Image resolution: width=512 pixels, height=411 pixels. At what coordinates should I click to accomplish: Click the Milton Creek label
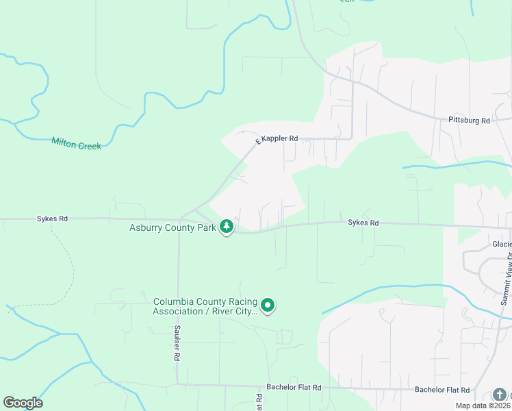[76, 143]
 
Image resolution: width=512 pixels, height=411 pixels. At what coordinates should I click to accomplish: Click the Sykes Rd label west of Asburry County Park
[52, 219]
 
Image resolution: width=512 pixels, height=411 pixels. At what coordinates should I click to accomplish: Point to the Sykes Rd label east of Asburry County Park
[363, 223]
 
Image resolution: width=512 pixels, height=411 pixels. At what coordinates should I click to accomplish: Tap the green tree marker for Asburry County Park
[227, 227]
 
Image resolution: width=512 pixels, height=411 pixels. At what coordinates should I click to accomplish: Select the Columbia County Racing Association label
[205, 306]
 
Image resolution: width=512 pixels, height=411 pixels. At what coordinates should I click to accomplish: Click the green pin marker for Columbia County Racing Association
[268, 306]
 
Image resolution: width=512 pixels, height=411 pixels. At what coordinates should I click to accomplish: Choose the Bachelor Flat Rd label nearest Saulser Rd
[294, 388]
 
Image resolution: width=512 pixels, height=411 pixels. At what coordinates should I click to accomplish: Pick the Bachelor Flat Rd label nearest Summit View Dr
[442, 390]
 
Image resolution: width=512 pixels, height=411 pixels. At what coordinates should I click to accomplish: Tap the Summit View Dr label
[506, 277]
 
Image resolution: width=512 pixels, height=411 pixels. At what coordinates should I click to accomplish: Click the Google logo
[23, 403]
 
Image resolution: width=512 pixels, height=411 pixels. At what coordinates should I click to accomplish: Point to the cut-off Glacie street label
[501, 244]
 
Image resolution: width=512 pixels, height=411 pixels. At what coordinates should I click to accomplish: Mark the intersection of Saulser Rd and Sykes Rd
[179, 220]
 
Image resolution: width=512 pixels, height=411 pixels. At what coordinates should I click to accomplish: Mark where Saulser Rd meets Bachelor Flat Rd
[177, 384]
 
